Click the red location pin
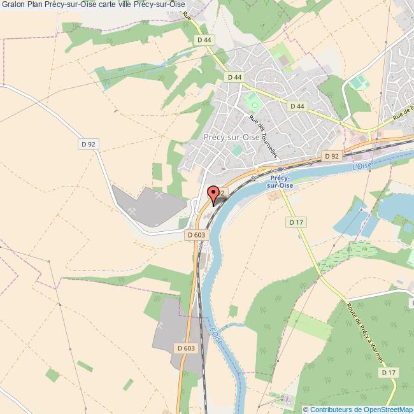(x=214, y=193)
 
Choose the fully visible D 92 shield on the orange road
(x=331, y=155)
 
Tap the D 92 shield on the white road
(x=89, y=145)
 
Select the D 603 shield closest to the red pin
(x=197, y=234)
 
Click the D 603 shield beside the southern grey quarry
(x=185, y=348)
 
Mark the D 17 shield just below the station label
(x=296, y=222)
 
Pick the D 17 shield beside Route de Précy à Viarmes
(x=390, y=372)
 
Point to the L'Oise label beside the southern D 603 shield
(x=215, y=336)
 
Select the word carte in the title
(x=120, y=5)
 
